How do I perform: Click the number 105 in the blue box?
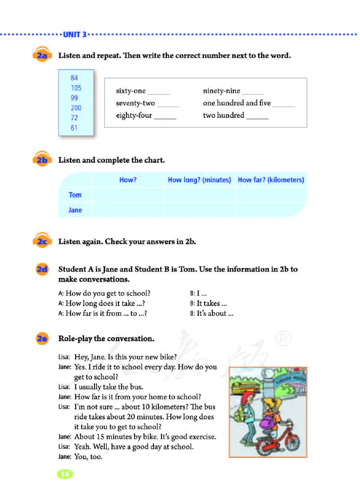click(x=76, y=88)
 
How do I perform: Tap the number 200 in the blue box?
click(x=76, y=108)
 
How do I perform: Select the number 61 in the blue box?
click(x=74, y=127)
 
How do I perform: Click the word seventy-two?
click(x=135, y=103)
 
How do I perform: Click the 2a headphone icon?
click(x=42, y=56)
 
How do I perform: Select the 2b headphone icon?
click(x=42, y=160)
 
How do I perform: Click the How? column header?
click(x=128, y=180)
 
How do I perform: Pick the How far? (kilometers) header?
click(x=271, y=180)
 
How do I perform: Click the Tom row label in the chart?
click(x=75, y=195)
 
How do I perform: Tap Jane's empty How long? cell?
click(x=199, y=210)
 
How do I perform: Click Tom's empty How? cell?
click(x=128, y=195)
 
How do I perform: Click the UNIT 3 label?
click(x=75, y=34)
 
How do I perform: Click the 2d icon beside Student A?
click(x=42, y=270)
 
